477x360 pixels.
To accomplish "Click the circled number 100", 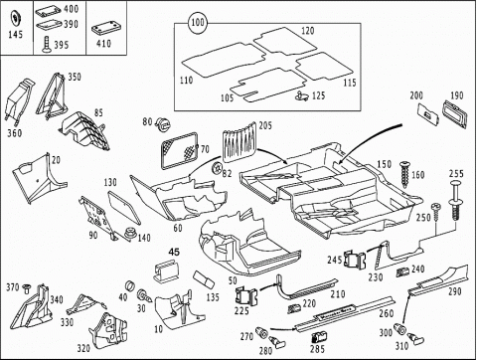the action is (x=198, y=23).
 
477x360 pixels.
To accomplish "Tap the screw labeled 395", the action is (x=48, y=45).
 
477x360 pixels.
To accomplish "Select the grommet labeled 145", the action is (x=16, y=18).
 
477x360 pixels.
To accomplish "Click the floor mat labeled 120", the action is (x=285, y=41).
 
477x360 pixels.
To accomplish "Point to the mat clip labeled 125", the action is (x=301, y=95).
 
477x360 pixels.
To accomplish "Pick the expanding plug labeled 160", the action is (x=404, y=174).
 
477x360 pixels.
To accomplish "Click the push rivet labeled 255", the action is (x=455, y=200).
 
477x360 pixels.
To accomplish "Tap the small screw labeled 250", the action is (x=435, y=212).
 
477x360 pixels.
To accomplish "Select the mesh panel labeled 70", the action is (x=180, y=150).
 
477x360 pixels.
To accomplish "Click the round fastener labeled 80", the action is (x=163, y=124).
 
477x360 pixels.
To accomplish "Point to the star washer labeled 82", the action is (x=217, y=168).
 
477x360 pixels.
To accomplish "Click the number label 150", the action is (x=384, y=164).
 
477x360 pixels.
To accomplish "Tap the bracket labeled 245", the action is (x=355, y=260).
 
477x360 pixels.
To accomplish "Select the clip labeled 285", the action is (x=318, y=337).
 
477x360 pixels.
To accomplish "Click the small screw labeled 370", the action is (x=26, y=288).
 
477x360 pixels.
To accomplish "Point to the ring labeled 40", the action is (x=129, y=285).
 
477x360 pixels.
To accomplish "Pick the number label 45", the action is (x=174, y=252).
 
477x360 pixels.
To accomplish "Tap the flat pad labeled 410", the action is (x=105, y=29).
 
